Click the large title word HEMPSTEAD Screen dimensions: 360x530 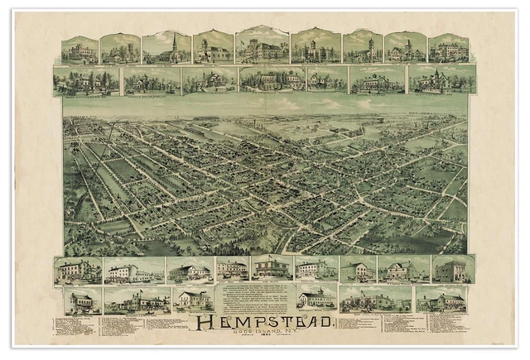[x=263, y=321]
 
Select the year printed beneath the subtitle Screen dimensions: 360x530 [x=265, y=338]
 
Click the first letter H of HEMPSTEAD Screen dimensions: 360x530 [x=198, y=321]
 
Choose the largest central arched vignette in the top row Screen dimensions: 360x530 [x=262, y=46]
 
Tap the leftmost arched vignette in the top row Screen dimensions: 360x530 [x=79, y=50]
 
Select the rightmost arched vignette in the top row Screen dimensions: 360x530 [x=448, y=49]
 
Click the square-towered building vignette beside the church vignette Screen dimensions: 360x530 [x=213, y=48]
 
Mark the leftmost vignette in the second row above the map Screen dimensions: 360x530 [x=85, y=81]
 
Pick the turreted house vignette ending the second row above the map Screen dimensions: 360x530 [x=441, y=80]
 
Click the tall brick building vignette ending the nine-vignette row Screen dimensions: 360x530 [x=452, y=270]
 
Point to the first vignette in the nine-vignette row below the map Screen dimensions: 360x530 [x=78, y=270]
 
